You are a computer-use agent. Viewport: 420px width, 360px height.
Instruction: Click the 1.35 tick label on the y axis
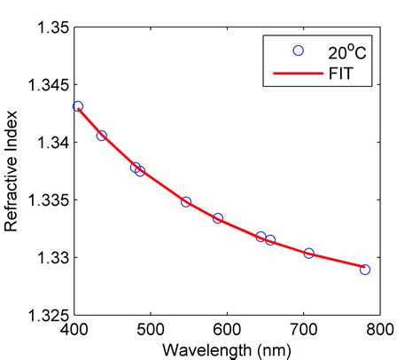51,27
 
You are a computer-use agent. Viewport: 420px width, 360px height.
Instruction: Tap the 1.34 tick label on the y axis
51,142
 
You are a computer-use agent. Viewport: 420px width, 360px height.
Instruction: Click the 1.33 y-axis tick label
51,257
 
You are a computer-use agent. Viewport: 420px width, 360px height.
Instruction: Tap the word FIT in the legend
338,74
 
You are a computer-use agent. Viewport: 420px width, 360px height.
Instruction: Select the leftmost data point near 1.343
78,106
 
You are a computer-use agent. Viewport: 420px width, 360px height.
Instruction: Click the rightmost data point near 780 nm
365,269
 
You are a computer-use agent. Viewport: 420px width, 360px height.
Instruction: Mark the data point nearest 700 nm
309,253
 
